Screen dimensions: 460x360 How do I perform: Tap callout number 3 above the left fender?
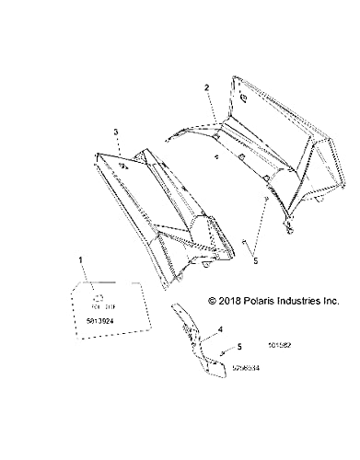[x=116, y=133]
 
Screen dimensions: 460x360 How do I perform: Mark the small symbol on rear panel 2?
[x=242, y=95]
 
